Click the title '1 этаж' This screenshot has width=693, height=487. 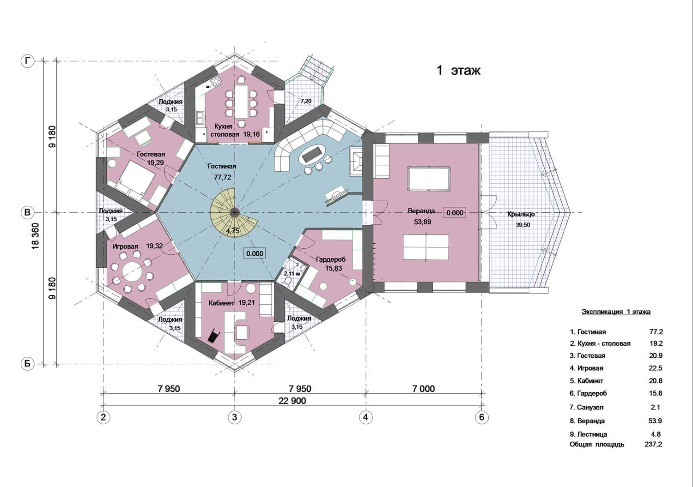458,71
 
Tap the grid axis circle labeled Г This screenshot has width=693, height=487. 28,61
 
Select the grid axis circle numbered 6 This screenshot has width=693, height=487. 481,417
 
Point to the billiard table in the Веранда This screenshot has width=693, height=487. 429,179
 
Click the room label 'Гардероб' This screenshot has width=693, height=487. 331,259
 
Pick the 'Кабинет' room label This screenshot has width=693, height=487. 221,303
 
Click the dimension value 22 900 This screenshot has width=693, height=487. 292,401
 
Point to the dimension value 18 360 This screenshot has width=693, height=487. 35,235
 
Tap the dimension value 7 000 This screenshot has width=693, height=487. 424,389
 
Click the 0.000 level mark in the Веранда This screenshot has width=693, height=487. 455,213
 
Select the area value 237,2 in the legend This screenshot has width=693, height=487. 653,445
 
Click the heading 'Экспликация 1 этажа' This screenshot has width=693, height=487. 616,312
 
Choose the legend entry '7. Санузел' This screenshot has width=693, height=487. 587,408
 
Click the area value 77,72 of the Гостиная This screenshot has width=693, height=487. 222,177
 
